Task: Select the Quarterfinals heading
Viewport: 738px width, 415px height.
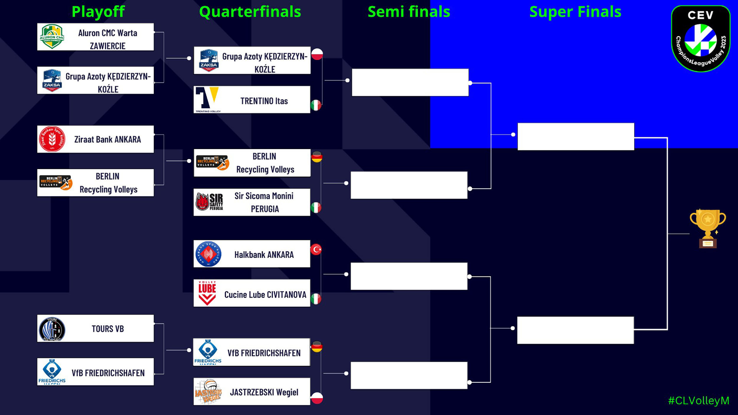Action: (x=250, y=12)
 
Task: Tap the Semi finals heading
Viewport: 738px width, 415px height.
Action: (x=409, y=12)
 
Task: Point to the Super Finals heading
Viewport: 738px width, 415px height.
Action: (x=575, y=12)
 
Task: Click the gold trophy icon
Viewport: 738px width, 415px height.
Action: (x=708, y=228)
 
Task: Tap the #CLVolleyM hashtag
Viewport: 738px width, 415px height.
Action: (x=699, y=401)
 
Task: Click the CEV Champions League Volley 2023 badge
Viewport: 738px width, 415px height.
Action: (x=701, y=38)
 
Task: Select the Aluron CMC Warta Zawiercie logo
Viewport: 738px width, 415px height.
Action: (x=52, y=37)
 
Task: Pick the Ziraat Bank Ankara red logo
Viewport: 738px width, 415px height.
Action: (x=52, y=139)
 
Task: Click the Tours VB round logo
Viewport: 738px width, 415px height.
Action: (x=52, y=329)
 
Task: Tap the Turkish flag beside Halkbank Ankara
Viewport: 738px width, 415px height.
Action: (x=316, y=249)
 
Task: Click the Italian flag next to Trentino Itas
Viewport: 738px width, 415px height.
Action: (x=316, y=105)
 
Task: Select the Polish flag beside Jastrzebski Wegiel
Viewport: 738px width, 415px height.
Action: (x=317, y=398)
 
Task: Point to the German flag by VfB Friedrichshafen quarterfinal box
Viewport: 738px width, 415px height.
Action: (x=317, y=347)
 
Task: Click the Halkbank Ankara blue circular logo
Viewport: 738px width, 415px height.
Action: (x=208, y=254)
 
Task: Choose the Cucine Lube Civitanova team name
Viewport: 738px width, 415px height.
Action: (x=265, y=295)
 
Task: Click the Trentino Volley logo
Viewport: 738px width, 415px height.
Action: (x=208, y=100)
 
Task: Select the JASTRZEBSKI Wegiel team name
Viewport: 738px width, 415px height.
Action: (x=264, y=392)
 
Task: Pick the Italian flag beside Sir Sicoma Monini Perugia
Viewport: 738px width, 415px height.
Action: (x=316, y=207)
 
